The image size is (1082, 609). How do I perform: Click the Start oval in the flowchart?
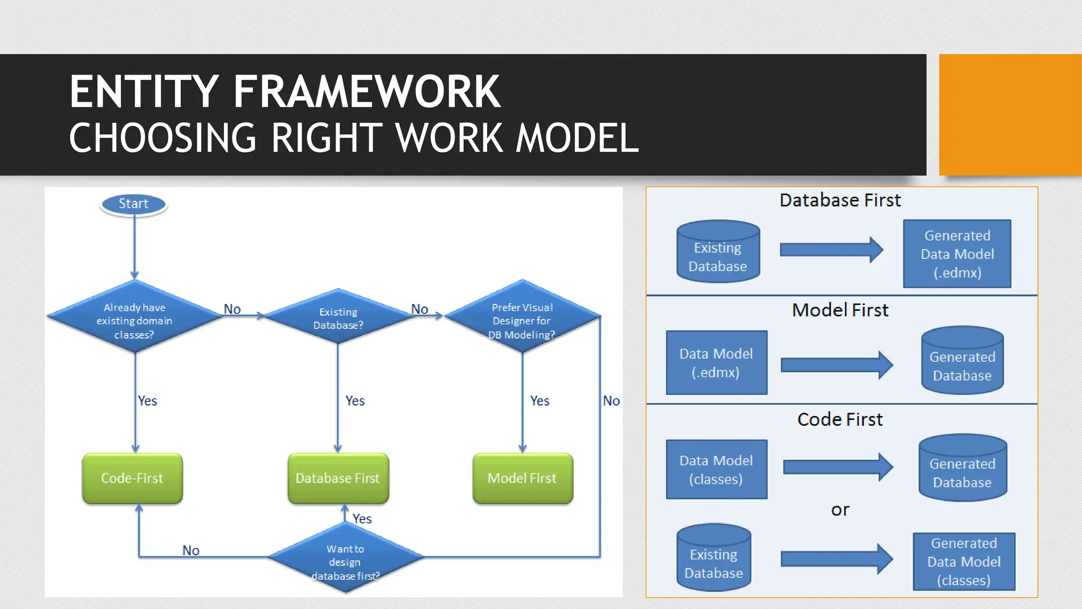point(134,204)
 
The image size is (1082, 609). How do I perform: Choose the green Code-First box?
point(133,478)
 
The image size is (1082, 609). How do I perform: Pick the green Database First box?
point(338,478)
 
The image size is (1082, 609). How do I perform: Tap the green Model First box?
point(523,478)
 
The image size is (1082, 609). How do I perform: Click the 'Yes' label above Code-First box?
point(147,401)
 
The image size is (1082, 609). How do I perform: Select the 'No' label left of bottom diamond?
point(191,550)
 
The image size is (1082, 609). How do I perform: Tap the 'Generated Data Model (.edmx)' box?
point(957,254)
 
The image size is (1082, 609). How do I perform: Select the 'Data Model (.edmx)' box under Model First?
point(716,363)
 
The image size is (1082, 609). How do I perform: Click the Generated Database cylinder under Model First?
point(962,361)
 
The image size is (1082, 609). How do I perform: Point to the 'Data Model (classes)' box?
point(716,469)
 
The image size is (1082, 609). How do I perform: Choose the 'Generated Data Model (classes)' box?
point(964,561)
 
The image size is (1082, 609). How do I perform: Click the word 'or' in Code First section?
point(840,510)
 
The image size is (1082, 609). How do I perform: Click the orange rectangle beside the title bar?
point(1010,115)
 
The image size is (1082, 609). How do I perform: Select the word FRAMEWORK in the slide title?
point(367,92)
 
